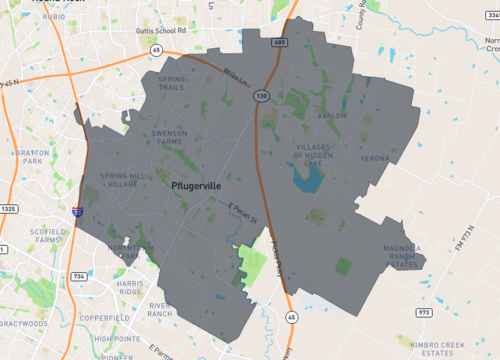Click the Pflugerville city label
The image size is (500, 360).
[x=196, y=186]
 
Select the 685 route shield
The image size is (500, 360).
[x=279, y=44]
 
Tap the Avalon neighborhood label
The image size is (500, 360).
[x=330, y=116]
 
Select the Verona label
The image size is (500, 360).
[x=374, y=158]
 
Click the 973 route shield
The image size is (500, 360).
[x=424, y=311]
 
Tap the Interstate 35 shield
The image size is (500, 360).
[x=77, y=212]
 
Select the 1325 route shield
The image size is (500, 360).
[x=10, y=208]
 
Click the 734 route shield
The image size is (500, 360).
[x=78, y=275]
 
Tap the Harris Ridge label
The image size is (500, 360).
[x=130, y=288]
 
